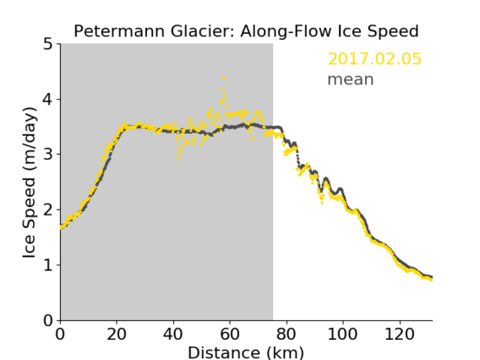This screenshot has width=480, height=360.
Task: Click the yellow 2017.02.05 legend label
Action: pyautogui.click(x=374, y=59)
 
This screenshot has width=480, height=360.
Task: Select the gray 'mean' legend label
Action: pyautogui.click(x=351, y=79)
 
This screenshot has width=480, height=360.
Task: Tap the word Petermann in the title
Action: pyautogui.click(x=120, y=31)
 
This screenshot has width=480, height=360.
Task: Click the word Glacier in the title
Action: pyautogui.click(x=203, y=31)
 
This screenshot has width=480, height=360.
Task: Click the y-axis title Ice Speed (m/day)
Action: pyautogui.click(x=30, y=183)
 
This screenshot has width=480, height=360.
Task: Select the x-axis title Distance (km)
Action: pyautogui.click(x=246, y=352)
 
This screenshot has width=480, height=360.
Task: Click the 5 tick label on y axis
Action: pyautogui.click(x=48, y=44)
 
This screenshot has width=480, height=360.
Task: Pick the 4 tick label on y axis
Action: pyautogui.click(x=48, y=99)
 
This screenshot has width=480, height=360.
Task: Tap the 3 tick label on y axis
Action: pyautogui.click(x=48, y=155)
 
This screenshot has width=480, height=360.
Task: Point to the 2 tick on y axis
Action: pyautogui.click(x=48, y=210)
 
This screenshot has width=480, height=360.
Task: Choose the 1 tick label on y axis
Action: pyautogui.click(x=48, y=265)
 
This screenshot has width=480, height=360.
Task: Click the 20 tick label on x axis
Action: pyautogui.click(x=117, y=334)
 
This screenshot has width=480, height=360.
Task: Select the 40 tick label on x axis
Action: pyautogui.click(x=173, y=334)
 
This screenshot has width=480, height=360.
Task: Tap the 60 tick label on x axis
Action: pyautogui.click(x=230, y=334)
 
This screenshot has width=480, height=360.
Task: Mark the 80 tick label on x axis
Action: pyautogui.click(x=286, y=334)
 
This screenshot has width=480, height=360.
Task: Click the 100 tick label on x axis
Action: pyautogui.click(x=342, y=334)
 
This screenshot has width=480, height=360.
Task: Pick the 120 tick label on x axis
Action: pyautogui.click(x=399, y=334)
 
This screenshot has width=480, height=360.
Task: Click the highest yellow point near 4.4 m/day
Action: pyautogui.click(x=225, y=79)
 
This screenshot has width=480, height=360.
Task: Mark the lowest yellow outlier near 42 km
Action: pyautogui.click(x=178, y=158)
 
